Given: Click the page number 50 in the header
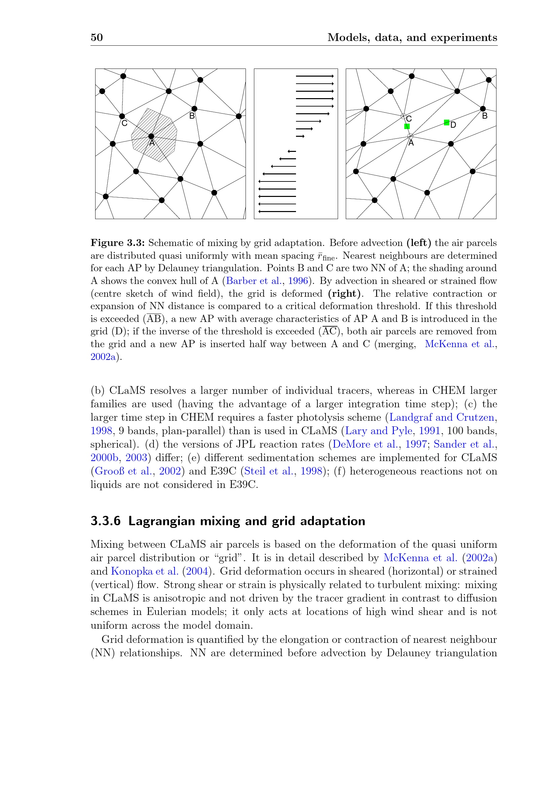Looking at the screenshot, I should [97, 37].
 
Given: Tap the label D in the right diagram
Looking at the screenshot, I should [453, 125].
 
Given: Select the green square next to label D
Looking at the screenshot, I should [446, 122].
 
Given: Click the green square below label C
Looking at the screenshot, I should [407, 126].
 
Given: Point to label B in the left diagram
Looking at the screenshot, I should [192, 116].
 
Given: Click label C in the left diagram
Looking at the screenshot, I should [124, 123].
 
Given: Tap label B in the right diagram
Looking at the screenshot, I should [484, 116].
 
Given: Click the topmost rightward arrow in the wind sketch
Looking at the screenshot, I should [314, 76].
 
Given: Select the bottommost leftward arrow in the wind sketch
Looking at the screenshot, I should [277, 212].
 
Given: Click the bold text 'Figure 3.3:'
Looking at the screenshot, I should [117, 243].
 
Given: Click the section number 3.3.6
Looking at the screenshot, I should [106, 521].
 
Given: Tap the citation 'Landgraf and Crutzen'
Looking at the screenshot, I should [442, 418].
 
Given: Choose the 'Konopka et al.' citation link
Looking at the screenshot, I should [144, 571].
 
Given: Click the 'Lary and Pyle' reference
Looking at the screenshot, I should [378, 431].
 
